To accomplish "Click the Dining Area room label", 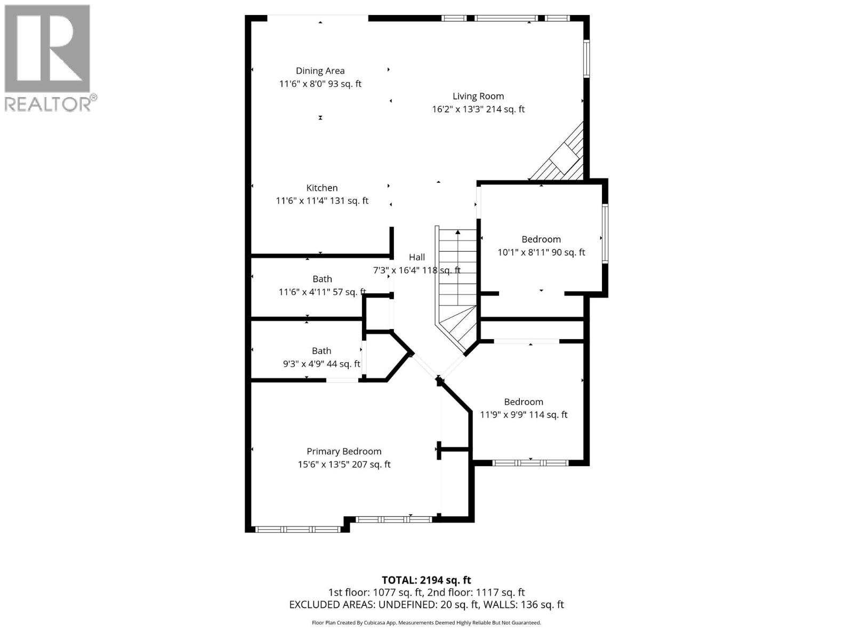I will coord(320,70).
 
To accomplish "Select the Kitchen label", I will coord(321,188).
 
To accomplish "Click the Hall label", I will coord(416,257).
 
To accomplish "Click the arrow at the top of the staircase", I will coord(458,232).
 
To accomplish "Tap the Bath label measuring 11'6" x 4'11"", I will coord(322,279).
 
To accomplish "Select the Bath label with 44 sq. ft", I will coord(321,351).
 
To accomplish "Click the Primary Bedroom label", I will coord(344,451).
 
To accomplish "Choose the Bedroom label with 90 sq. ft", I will coord(541,239).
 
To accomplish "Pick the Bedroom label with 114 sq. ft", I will coord(524,402).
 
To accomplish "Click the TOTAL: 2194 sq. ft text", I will coord(426,580).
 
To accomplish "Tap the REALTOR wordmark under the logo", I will coord(48,104).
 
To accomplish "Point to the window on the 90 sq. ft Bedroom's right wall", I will coord(605,233).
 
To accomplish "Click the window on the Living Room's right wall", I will coord(586,59).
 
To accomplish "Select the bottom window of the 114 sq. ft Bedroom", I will coord(530,463).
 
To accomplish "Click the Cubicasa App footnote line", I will coord(426,622).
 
